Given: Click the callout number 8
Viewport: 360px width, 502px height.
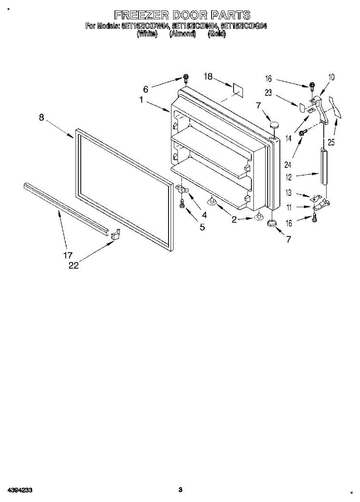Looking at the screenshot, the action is pyautogui.click(x=41, y=118).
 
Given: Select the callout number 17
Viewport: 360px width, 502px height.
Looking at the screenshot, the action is pyautogui.click(x=68, y=255).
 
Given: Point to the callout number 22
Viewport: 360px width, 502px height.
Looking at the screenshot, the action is pyautogui.click(x=74, y=265).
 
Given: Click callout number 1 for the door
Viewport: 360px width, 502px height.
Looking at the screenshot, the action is pyautogui.click(x=142, y=100).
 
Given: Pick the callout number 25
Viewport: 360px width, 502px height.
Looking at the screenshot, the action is pyautogui.click(x=331, y=142).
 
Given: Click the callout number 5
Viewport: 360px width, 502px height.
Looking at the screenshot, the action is pyautogui.click(x=202, y=227).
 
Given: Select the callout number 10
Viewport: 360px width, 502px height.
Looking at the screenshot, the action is pyautogui.click(x=332, y=77).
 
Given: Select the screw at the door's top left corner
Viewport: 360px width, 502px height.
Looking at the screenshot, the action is pyautogui.click(x=185, y=78).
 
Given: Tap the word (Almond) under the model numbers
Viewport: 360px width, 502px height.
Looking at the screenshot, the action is pyautogui.click(x=182, y=34).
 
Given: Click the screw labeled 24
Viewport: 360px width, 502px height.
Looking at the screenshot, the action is pyautogui.click(x=302, y=132).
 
